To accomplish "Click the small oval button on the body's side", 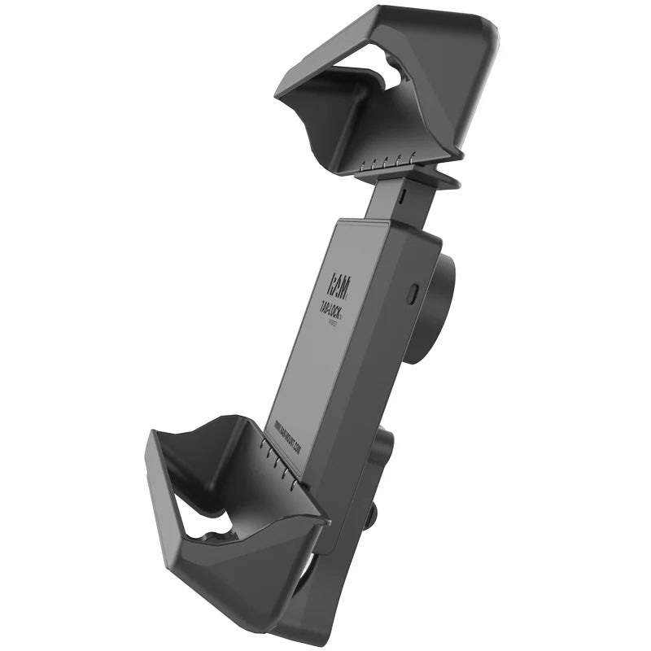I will pyautogui.click(x=413, y=291).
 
